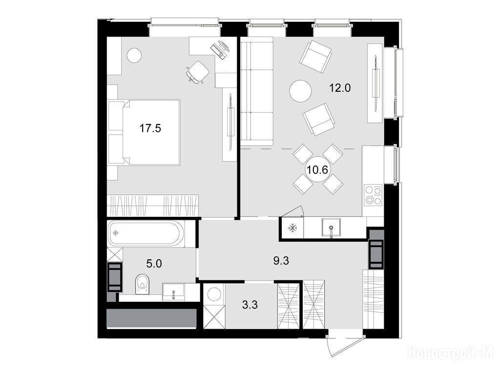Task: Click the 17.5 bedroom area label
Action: (x=150, y=128)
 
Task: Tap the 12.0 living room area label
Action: (x=340, y=87)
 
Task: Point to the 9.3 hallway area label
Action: (x=281, y=261)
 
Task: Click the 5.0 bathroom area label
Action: (x=154, y=264)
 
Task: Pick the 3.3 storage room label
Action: (x=250, y=305)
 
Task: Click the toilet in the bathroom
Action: (x=142, y=284)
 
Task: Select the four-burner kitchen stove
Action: (x=374, y=194)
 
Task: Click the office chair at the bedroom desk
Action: (x=198, y=72)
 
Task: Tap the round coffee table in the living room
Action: (x=300, y=91)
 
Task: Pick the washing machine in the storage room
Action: (x=215, y=294)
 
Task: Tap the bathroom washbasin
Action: (x=173, y=292)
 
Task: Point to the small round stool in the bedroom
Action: (x=134, y=56)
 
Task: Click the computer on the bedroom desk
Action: (x=220, y=49)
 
